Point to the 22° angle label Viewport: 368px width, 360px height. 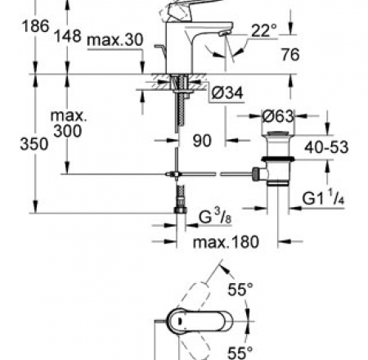pyautogui.click(x=263, y=30)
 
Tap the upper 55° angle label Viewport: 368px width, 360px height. pyautogui.click(x=242, y=289)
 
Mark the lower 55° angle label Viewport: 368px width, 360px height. pyautogui.click(x=242, y=353)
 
